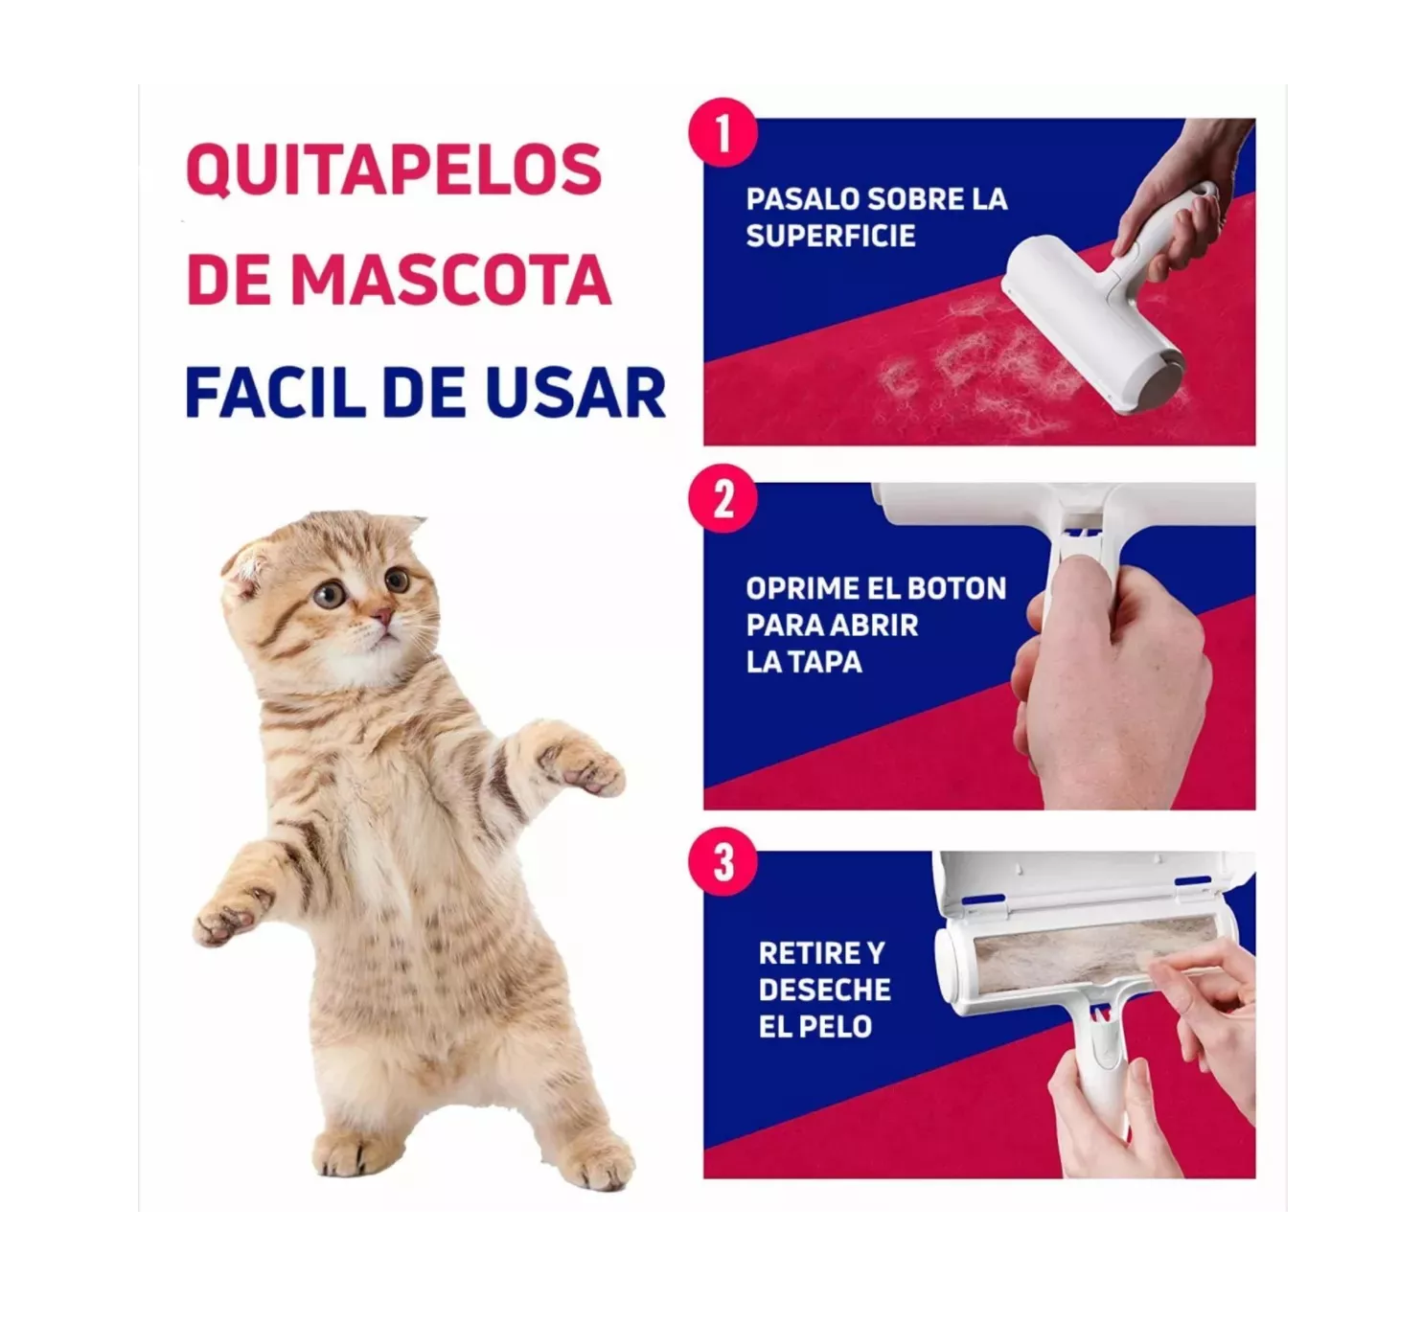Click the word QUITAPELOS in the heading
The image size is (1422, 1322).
pos(394,171)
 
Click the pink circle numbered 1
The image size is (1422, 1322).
pos(722,133)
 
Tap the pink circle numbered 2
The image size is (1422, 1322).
pos(722,498)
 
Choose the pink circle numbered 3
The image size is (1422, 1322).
pos(722,861)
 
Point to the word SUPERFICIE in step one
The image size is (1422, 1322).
pos(830,236)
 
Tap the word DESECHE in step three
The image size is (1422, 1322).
pos(824,990)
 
